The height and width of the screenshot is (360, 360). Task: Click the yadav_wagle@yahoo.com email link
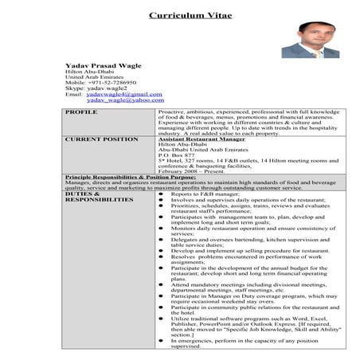point(119,100)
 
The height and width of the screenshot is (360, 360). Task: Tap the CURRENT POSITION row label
point(100,139)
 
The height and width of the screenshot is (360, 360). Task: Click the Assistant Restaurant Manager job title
point(195,139)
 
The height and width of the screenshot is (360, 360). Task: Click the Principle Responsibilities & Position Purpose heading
point(131,175)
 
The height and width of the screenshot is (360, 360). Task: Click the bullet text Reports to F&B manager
point(205,194)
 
